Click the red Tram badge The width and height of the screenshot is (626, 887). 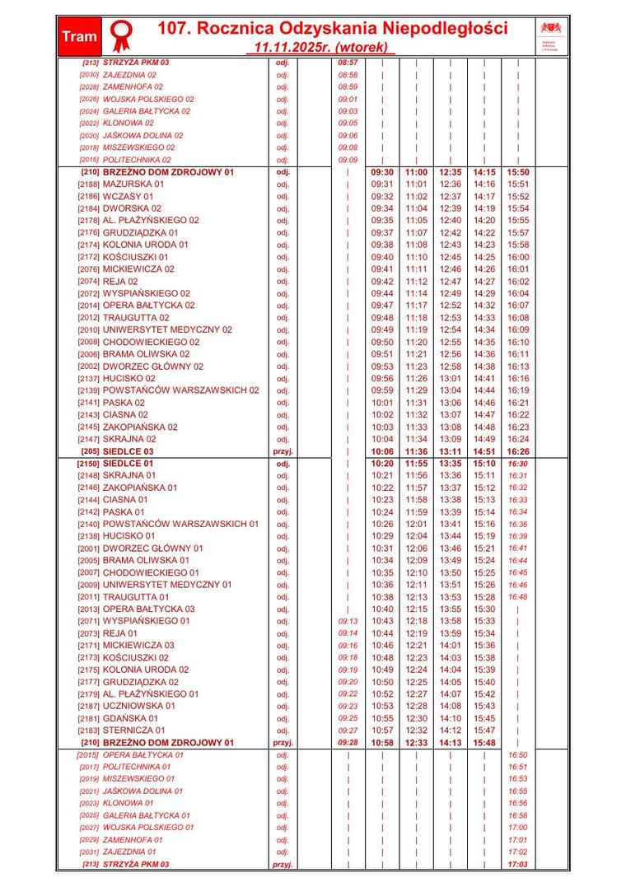(79, 36)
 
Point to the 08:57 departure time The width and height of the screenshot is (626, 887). (348, 63)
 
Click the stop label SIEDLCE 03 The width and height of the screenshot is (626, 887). (128, 451)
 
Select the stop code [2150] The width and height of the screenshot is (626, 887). (87, 464)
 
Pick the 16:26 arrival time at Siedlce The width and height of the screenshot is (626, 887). (518, 451)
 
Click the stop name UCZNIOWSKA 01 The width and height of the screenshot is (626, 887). (138, 706)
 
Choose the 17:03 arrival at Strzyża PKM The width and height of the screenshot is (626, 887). (517, 865)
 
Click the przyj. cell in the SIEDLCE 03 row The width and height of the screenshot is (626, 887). (283, 451)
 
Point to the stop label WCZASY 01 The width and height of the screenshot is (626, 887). (128, 197)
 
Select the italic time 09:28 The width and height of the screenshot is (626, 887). (348, 742)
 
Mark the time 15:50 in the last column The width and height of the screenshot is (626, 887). (518, 172)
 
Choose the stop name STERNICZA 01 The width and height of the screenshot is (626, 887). (133, 730)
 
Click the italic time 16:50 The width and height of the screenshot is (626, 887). (517, 754)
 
